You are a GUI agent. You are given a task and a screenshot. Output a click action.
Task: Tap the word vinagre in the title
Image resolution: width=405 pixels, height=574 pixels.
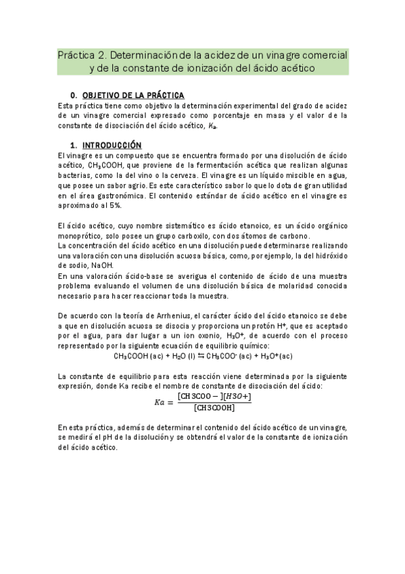[276, 54]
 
